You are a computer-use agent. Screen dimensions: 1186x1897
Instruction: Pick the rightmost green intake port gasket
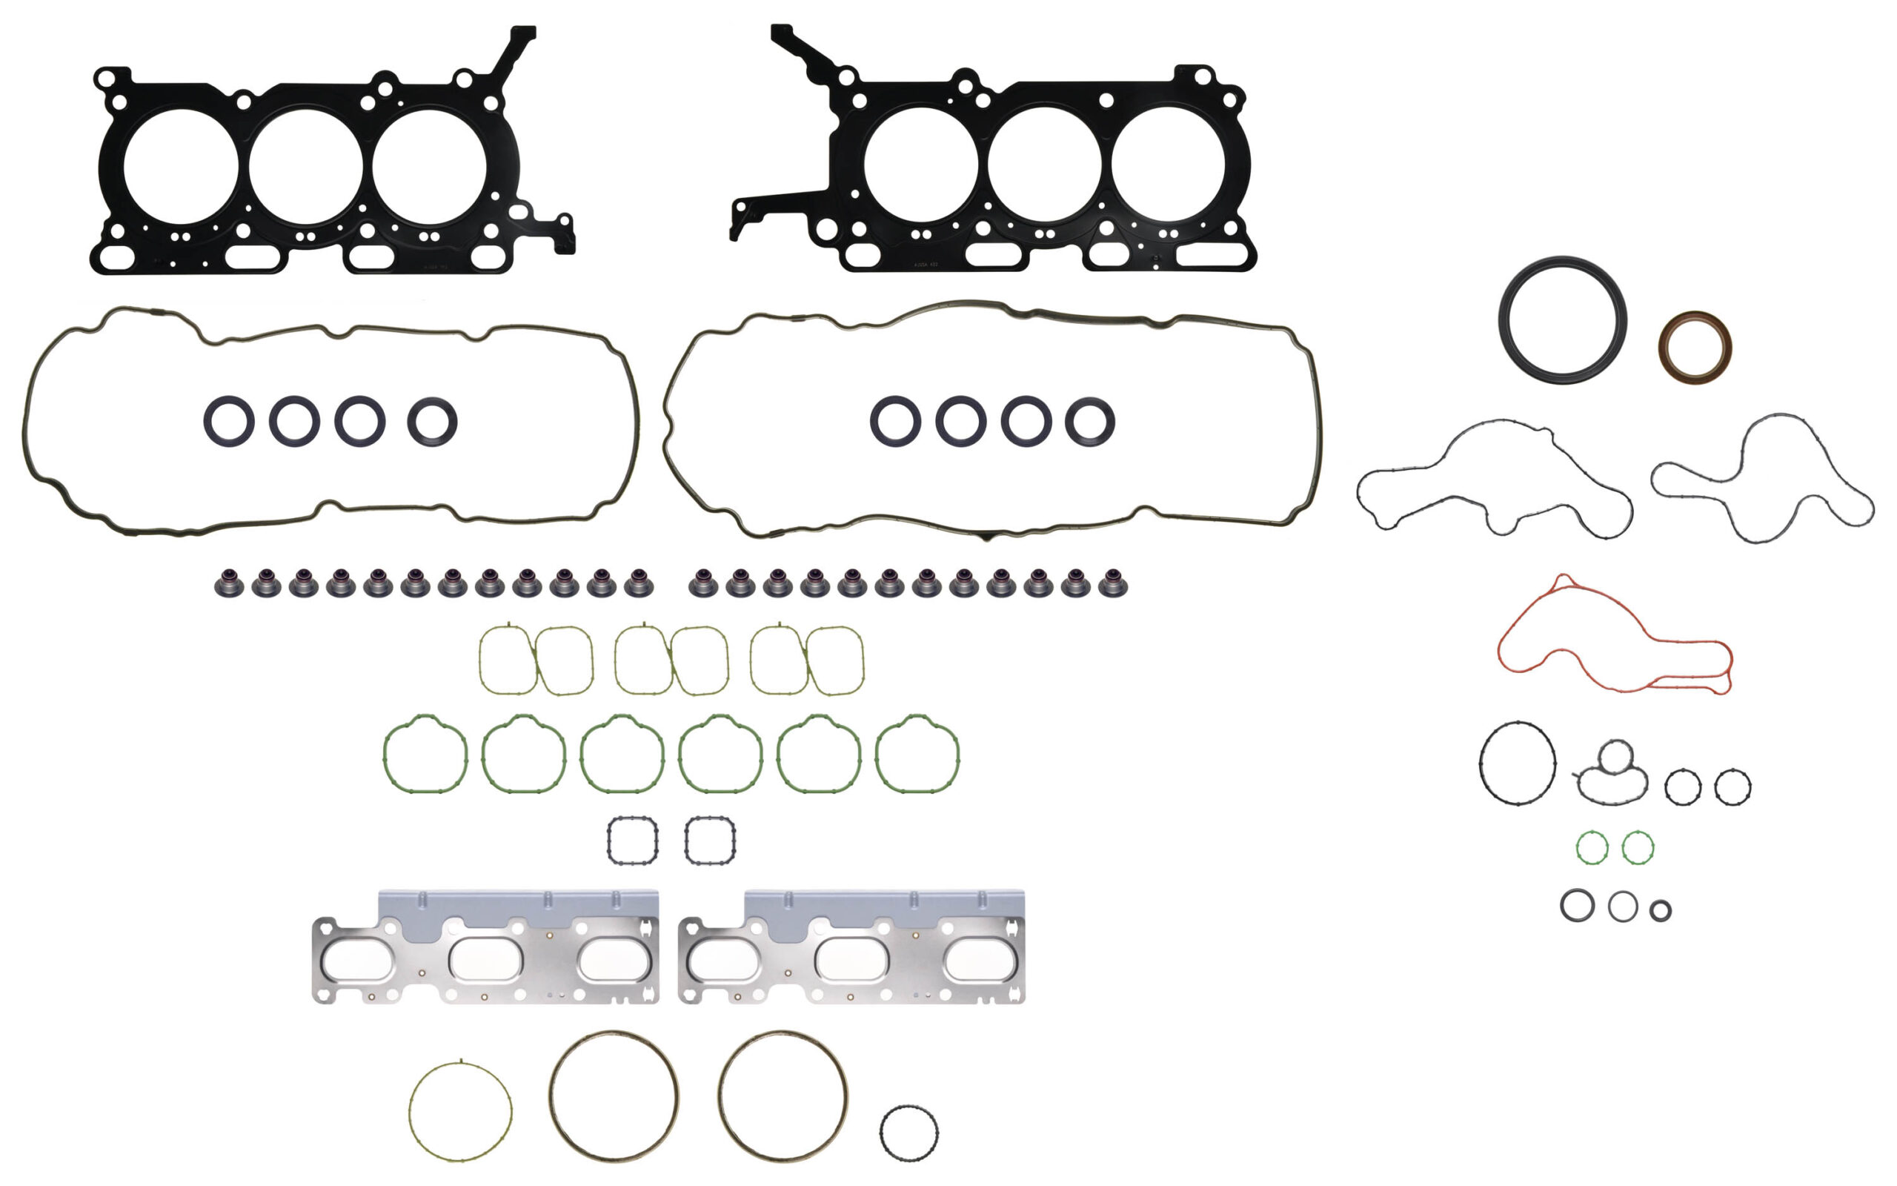click(x=956, y=753)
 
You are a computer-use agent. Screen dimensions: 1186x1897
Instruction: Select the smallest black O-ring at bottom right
click(x=1661, y=911)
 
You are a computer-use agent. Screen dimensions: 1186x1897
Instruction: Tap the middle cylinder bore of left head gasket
click(x=306, y=167)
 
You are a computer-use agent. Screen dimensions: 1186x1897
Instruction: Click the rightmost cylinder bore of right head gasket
click(x=1168, y=165)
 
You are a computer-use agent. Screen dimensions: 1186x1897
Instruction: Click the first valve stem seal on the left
click(x=229, y=584)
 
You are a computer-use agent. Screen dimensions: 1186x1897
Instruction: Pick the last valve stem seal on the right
click(x=1112, y=584)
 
